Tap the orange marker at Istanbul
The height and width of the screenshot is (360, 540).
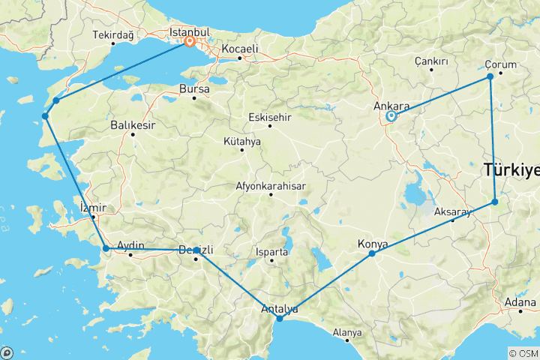coord(190,42)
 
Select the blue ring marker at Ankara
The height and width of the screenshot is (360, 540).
coord(391,116)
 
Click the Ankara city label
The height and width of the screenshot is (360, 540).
coord(391,106)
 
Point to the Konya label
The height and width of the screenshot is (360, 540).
coord(373,244)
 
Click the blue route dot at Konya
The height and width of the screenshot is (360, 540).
coord(372,254)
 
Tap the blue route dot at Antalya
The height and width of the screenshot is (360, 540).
coord(280,319)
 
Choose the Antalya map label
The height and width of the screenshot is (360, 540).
coord(279,308)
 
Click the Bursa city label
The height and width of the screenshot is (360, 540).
coord(193,88)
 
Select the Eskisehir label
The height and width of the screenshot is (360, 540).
coord(270,116)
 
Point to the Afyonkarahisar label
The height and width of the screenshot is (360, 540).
coord(271,185)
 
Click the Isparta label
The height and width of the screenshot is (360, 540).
coord(271,252)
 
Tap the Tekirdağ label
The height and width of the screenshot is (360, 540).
coord(113,34)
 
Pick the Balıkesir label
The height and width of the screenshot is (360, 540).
coord(133,125)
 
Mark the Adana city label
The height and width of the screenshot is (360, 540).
coord(520,303)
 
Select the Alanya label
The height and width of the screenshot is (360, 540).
coord(347,332)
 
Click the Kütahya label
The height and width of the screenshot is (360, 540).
coord(242,141)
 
